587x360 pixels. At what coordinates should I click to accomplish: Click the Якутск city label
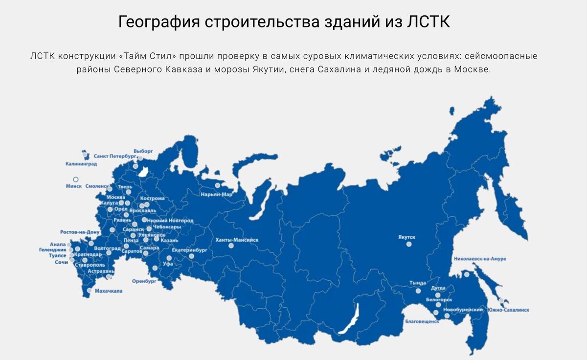406,237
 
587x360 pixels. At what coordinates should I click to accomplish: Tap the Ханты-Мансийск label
237,240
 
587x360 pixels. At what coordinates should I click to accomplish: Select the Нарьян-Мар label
216,195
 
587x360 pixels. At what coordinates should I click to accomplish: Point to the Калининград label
81,164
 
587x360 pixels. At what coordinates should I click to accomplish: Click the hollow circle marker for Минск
76,180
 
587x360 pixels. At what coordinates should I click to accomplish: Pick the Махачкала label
109,291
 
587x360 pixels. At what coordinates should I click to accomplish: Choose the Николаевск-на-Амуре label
480,259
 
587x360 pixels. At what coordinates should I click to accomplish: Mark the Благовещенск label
422,322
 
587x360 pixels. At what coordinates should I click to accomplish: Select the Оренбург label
144,282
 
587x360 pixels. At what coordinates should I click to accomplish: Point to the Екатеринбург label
190,250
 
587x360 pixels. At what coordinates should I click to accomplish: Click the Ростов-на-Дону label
80,232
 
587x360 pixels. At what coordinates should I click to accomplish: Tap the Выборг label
143,151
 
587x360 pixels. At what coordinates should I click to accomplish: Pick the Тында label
418,283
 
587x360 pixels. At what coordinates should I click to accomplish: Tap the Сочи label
61,263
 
